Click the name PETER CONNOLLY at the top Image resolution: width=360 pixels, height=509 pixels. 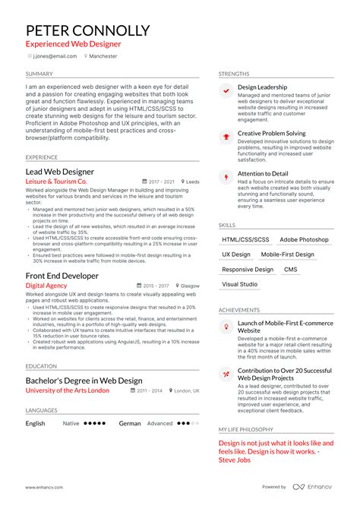pyautogui.click(x=88, y=30)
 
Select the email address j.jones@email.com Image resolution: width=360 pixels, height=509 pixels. pyautogui.click(x=54, y=56)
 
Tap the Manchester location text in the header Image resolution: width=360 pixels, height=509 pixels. pyautogui.click(x=103, y=56)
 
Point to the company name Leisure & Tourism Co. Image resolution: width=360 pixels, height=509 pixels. pyautogui.click(x=56, y=182)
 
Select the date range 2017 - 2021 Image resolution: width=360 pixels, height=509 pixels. pyautogui.click(x=161, y=182)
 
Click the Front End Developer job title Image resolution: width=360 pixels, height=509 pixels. pyautogui.click(x=62, y=276)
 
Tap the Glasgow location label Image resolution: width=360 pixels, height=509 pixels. pyautogui.click(x=189, y=286)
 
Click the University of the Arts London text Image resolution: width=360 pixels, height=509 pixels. pyautogui.click(x=68, y=390)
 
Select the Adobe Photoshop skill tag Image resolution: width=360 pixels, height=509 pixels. pyautogui.click(x=304, y=239)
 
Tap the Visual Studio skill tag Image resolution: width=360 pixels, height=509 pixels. pyautogui.click(x=240, y=284)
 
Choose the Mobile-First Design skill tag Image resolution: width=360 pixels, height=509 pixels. pyautogui.click(x=287, y=254)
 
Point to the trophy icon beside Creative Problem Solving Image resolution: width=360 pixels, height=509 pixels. pyautogui.click(x=226, y=137)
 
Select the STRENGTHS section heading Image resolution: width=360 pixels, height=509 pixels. pyautogui.click(x=233, y=74)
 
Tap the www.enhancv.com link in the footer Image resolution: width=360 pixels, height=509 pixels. pyautogui.click(x=45, y=487)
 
